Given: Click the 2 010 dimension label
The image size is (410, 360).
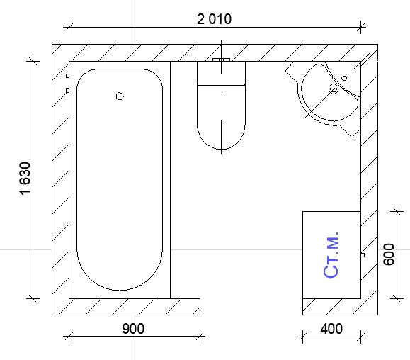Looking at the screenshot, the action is [214, 19].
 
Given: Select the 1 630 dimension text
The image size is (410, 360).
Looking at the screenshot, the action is [25, 179].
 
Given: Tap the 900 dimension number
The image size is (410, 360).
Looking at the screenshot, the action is [133, 329].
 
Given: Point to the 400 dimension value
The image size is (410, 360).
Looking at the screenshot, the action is [331, 329].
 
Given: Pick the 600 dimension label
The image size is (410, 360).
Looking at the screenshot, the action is [389, 254].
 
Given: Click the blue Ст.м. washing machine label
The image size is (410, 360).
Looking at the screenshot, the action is [331, 254].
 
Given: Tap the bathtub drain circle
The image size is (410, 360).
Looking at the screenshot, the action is [120, 96].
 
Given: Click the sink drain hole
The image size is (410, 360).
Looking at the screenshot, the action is [334, 89].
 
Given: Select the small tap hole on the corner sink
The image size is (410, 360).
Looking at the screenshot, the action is [344, 78].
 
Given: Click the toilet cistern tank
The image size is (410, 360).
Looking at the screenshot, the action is [221, 73].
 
